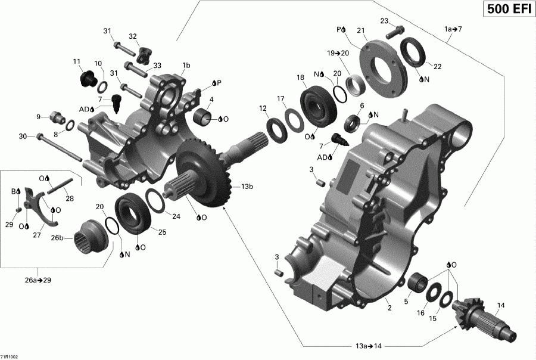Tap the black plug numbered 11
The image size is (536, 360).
click(88, 77)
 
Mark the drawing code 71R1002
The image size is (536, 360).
click(10, 356)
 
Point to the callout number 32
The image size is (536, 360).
click(133, 36)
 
